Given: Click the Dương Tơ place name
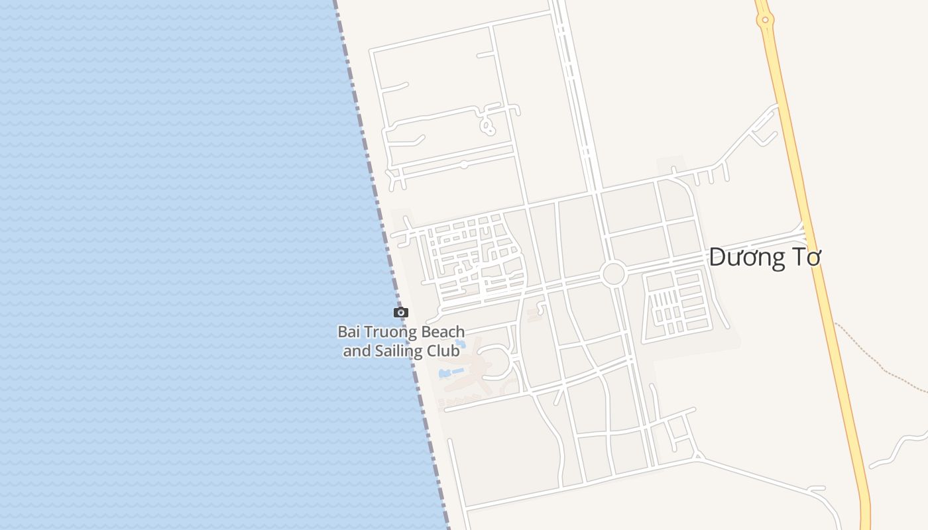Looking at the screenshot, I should coord(764,257).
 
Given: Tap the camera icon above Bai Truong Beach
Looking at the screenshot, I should coord(400,313).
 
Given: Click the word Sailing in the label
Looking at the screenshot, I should coord(401,351).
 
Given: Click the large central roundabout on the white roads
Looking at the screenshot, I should coord(614,274).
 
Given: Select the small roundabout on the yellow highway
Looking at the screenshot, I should coord(765,20).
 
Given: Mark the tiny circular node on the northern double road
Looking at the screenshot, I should coord(464,164).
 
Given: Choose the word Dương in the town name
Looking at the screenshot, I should coord(746,257).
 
